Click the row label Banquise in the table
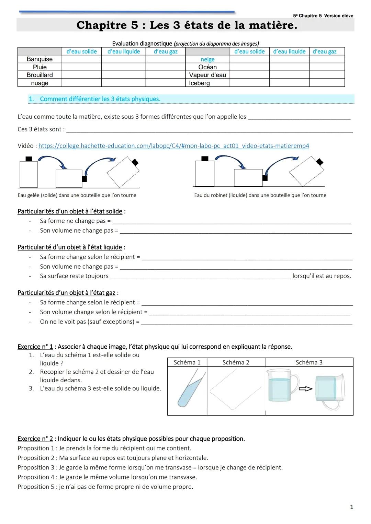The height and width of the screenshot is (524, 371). coord(40,59)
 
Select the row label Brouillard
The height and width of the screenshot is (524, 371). coord(40,75)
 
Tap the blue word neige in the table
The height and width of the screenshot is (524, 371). coord(207,59)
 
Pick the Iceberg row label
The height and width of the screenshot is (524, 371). coord(199,83)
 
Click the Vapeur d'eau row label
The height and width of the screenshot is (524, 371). coord(207,75)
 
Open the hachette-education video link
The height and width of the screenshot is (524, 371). coord(173,146)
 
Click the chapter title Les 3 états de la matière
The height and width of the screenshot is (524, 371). coord(187,25)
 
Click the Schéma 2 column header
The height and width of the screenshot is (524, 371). coord(236,362)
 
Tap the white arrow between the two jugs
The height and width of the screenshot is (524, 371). coord(305,389)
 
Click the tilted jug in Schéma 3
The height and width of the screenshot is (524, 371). coord(329,391)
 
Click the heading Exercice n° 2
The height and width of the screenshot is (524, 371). coord(35,439)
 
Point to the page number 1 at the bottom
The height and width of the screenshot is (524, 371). coord(351,507)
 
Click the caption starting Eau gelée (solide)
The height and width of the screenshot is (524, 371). coord(77,195)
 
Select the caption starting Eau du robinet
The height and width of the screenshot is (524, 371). coord(260,195)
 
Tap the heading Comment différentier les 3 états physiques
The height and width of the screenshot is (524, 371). coord(100,99)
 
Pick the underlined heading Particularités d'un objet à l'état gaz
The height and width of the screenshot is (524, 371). coord(66,293)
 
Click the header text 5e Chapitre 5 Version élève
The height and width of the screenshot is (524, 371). coord(323,16)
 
